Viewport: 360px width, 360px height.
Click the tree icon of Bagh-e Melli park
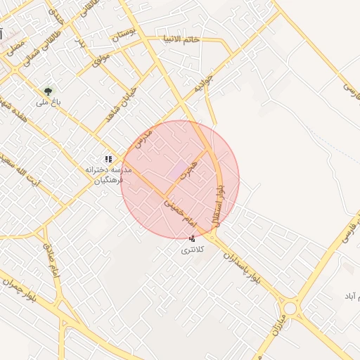click(48, 91)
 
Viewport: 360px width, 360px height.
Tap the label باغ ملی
click(49, 103)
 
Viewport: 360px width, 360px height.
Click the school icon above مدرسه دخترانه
click(108, 160)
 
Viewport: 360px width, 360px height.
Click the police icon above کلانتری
click(192, 239)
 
